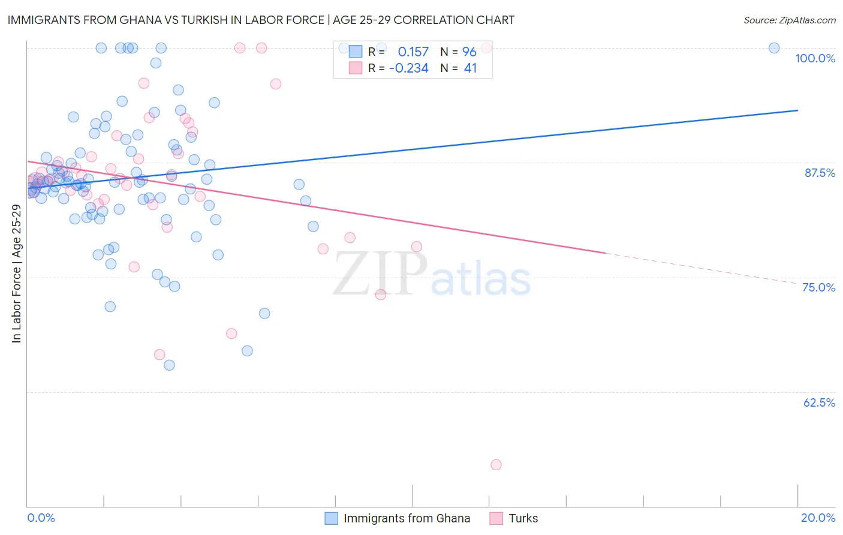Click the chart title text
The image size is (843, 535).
261,20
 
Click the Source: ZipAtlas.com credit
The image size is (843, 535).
789,20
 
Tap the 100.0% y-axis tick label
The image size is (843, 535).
815,58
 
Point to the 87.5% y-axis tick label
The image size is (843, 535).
820,173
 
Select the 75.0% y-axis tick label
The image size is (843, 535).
818,287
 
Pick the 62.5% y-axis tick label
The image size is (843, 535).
819,402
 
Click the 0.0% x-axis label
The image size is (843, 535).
41,518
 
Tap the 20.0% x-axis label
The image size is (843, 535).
818,518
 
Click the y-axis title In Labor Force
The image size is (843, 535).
16,273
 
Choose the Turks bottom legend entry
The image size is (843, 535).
523,518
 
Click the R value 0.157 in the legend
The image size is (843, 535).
413,52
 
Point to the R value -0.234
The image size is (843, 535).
409,68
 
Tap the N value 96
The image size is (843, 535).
469,52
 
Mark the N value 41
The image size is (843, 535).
470,68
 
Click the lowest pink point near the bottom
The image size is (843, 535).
496,465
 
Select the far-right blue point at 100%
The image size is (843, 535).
774,48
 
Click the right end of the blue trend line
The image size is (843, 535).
797,110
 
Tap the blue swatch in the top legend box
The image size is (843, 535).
356,52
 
